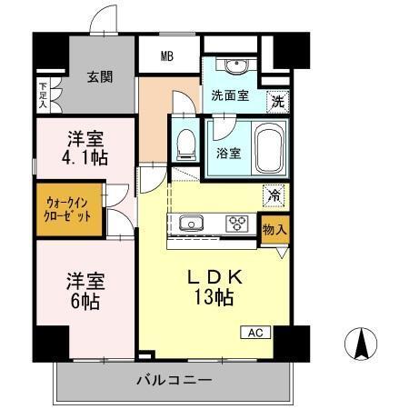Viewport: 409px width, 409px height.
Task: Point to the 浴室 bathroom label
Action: point(228,153)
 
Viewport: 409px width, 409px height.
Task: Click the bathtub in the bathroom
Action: point(269,149)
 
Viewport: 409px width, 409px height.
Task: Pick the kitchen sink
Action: point(194,224)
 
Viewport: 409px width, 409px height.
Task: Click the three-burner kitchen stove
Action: point(239,224)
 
